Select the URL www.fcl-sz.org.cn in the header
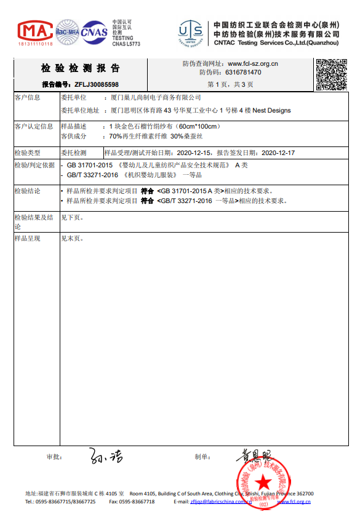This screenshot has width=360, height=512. point(252,63)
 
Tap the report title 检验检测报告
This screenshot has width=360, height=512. point(81,68)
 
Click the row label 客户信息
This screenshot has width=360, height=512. point(28,98)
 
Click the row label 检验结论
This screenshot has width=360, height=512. point(28,191)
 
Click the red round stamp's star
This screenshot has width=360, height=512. point(264,481)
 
